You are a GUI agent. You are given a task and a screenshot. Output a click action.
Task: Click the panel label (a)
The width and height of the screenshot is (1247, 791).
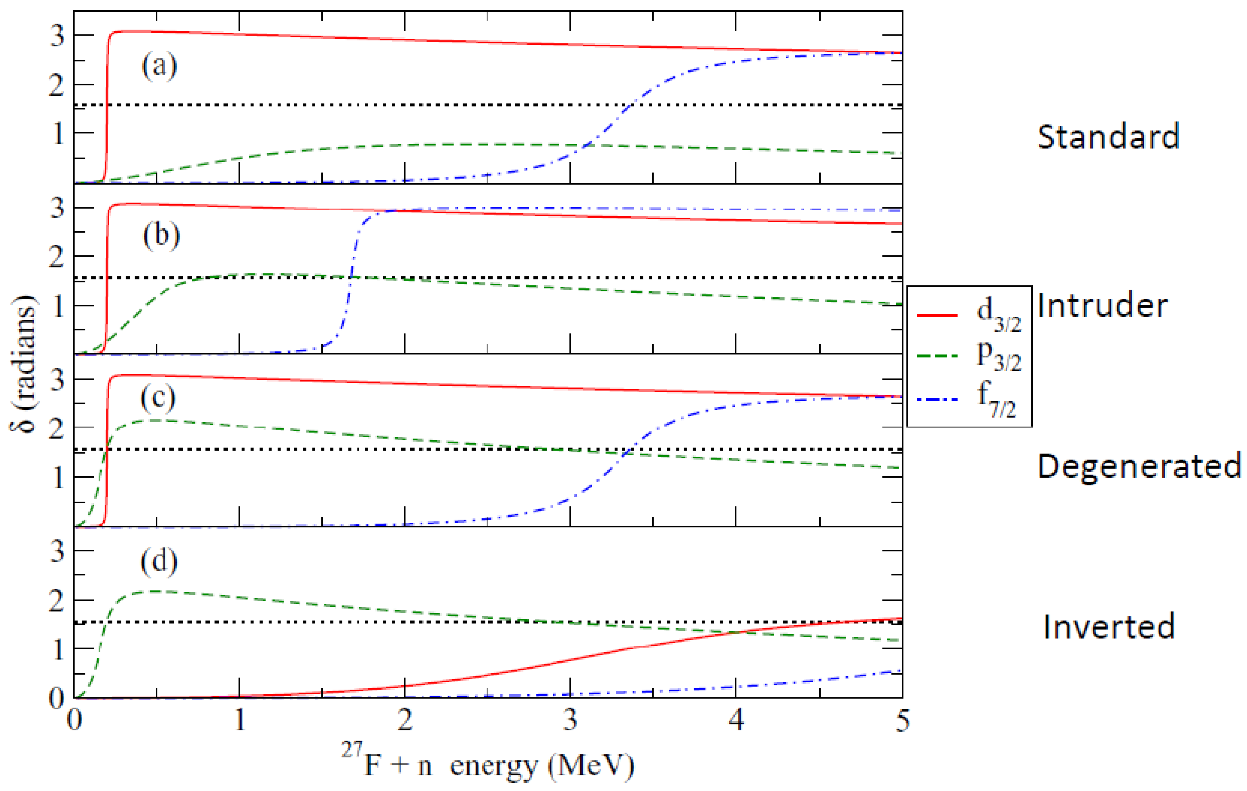pos(159,66)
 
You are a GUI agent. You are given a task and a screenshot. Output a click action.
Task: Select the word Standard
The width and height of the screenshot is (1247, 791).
pos(1108,137)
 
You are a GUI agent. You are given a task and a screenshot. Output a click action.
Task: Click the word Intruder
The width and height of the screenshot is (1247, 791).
pos(1103,306)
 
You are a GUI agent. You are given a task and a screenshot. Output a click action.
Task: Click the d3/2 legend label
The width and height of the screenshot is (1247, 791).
pos(999,315)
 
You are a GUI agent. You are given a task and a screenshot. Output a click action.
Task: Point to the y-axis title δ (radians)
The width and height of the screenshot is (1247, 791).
pos(23,363)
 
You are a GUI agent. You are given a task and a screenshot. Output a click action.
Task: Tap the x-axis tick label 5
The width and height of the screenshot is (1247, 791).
pos(902,720)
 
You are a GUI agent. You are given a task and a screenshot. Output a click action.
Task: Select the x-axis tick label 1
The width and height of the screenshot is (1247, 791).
pos(239,720)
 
